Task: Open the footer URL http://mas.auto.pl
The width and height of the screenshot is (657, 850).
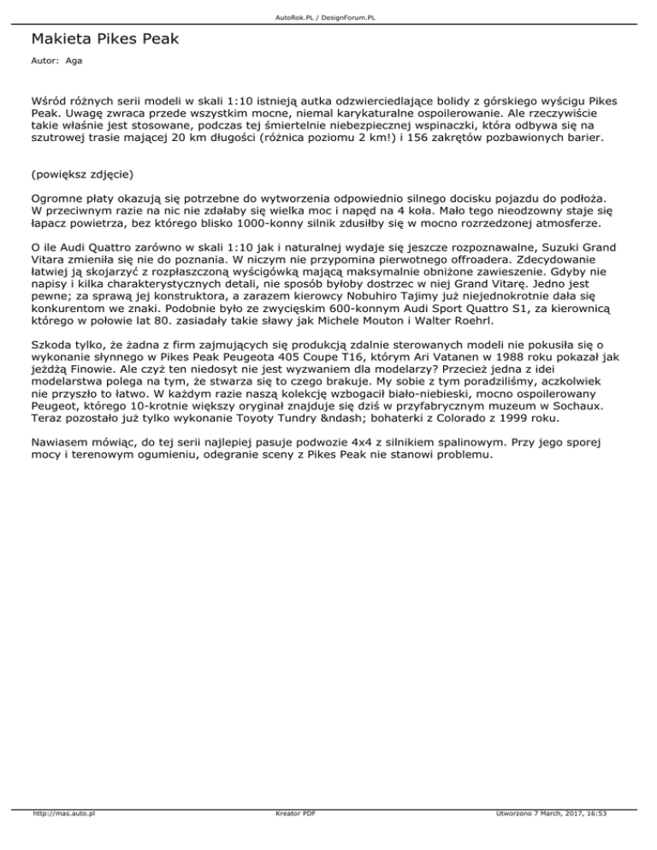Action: point(62,839)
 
